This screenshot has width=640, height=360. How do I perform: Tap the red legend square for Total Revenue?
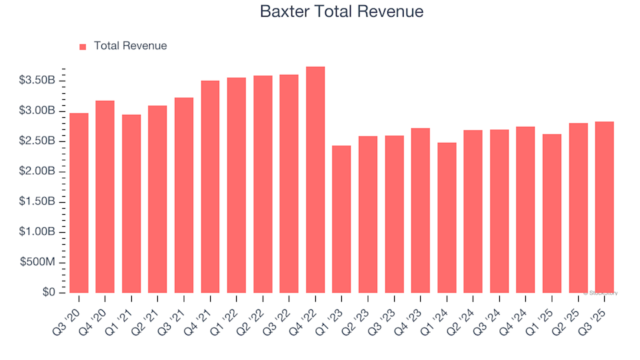coord(83,47)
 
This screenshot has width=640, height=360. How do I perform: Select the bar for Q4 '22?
coord(315,180)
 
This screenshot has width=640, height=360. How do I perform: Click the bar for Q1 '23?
coord(341,219)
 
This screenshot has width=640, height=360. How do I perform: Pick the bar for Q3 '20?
coord(79,203)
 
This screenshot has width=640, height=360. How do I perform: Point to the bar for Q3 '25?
coord(604,207)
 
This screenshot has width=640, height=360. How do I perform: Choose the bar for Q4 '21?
coord(210,187)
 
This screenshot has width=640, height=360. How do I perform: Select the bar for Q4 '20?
coord(105,197)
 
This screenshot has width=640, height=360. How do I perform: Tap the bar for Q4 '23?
coord(420,211)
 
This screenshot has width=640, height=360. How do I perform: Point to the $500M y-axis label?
coord(39,263)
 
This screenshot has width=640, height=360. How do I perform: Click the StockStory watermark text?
coord(601,293)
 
